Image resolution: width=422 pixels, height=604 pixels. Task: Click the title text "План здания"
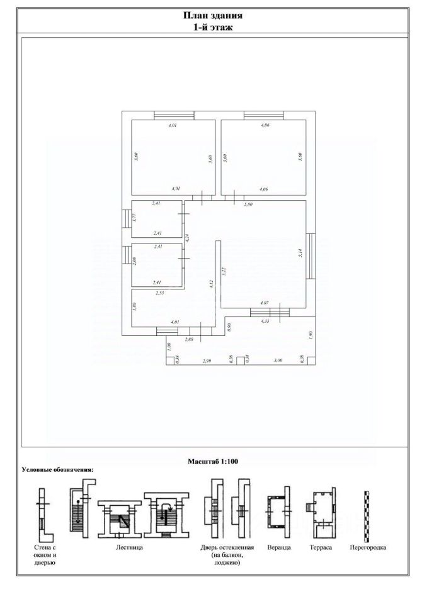213,16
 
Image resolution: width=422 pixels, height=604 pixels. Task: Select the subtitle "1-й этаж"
213,27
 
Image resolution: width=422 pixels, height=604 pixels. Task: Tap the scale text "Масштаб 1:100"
212,461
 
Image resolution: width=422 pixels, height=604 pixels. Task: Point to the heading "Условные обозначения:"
58,469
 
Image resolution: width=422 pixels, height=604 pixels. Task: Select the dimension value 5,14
302,254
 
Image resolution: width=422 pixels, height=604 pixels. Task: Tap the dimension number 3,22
224,272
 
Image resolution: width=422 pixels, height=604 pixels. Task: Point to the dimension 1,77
135,218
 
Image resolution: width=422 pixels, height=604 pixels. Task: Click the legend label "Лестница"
129,548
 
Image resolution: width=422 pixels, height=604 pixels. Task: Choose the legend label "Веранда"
279,548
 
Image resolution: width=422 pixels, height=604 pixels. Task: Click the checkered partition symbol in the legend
366,513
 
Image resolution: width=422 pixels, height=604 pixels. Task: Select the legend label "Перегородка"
368,548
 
